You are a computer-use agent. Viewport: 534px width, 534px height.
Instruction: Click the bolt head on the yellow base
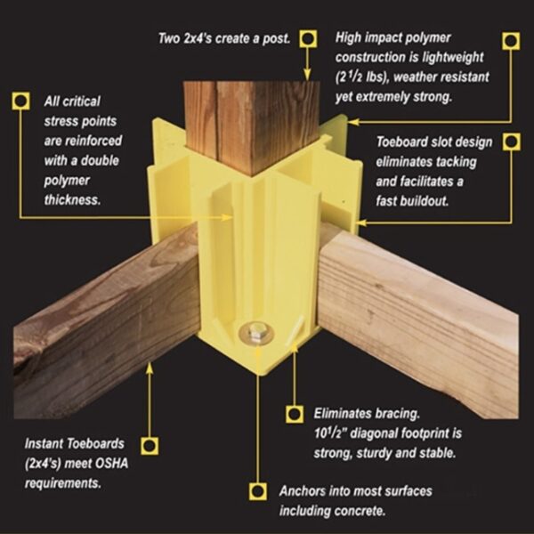(255, 335)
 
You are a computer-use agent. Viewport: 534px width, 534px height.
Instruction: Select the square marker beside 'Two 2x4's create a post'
(308, 38)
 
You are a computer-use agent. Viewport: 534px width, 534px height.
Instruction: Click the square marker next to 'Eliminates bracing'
(295, 413)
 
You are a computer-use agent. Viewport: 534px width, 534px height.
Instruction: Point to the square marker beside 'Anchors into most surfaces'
(258, 489)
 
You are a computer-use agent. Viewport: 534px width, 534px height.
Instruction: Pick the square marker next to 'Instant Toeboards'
(149, 446)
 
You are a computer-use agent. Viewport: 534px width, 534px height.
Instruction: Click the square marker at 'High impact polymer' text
(510, 40)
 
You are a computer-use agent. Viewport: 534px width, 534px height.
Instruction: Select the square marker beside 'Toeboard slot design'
(510, 142)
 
